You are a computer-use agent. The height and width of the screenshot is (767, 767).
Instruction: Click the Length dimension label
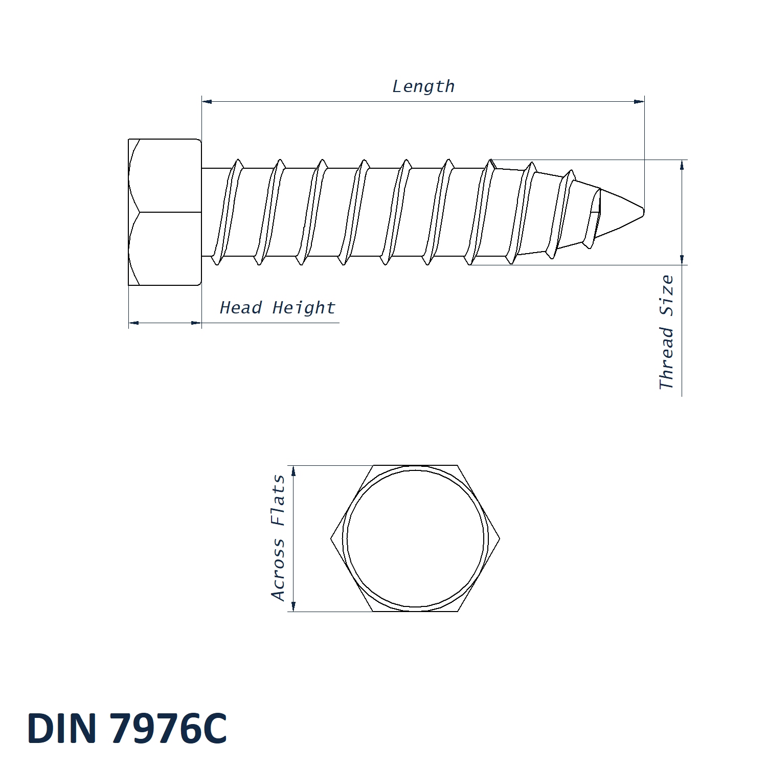click(x=423, y=86)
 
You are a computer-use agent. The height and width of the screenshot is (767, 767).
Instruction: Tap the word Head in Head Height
click(x=240, y=307)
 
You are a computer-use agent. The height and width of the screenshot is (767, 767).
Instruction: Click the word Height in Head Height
click(x=304, y=307)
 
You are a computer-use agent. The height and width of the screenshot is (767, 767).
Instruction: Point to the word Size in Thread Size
click(x=666, y=296)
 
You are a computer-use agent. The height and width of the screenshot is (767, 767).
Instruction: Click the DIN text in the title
click(x=62, y=728)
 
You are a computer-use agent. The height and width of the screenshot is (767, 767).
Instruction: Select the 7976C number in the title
click(x=169, y=728)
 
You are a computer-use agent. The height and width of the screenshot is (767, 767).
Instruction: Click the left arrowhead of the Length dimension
click(x=207, y=101)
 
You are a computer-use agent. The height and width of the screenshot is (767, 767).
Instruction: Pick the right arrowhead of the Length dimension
click(x=639, y=101)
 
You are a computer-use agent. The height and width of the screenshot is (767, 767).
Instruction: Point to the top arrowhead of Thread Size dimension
click(x=682, y=165)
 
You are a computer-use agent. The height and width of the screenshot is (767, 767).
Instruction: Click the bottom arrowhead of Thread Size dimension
click(x=682, y=260)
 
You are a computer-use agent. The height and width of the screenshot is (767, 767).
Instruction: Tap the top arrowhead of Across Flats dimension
click(x=294, y=470)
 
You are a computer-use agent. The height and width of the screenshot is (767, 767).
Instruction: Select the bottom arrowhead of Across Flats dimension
click(x=294, y=606)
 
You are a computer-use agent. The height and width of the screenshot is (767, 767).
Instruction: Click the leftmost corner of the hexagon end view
click(x=331, y=538)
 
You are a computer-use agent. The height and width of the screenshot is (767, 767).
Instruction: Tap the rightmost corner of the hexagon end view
click(x=500, y=538)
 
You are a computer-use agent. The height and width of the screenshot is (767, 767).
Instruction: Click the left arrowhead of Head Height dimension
click(x=133, y=323)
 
